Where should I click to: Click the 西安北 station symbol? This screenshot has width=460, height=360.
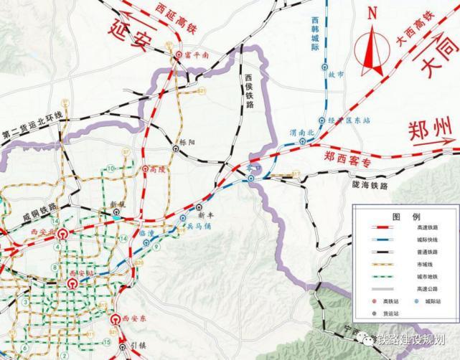pos(62,234)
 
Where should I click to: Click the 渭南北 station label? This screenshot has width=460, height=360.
pos(301,133)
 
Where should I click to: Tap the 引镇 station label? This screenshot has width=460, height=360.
pos(138,346)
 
